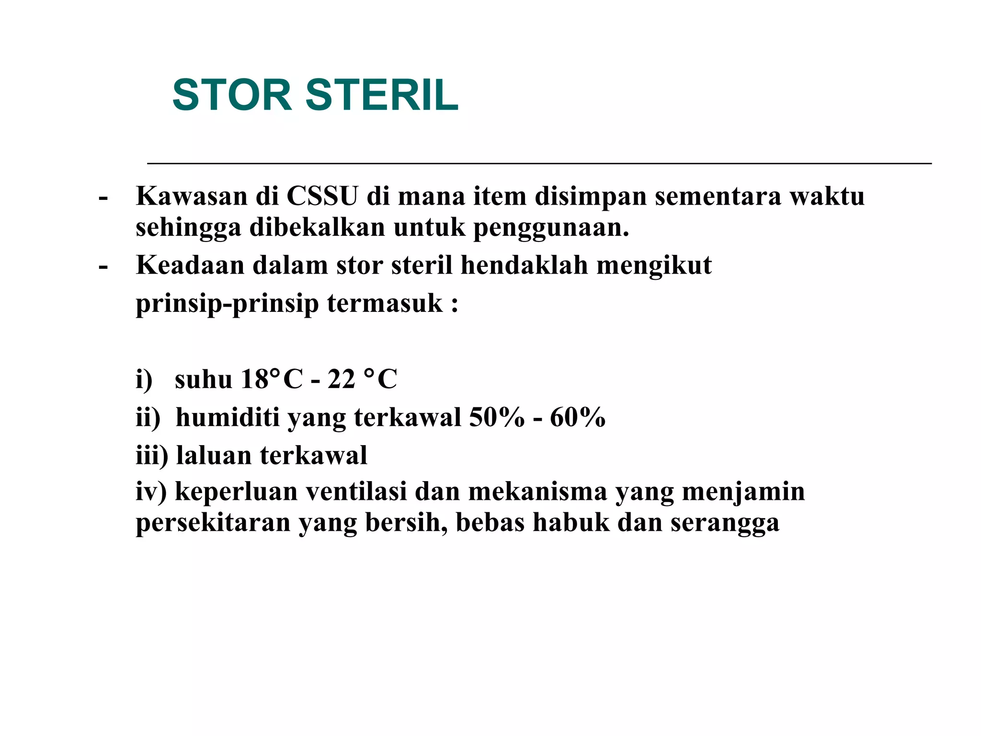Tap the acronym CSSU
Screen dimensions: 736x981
pyautogui.click(x=322, y=196)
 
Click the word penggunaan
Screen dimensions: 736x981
pyautogui.click(x=551, y=228)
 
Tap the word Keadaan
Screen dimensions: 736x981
pyautogui.click(x=190, y=264)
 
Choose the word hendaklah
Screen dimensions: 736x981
pyautogui.click(x=524, y=264)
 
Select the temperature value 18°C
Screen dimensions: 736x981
pyautogui.click(x=272, y=379)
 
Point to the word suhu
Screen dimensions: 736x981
pyautogui.click(x=203, y=379)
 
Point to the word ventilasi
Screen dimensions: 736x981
pyautogui.click(x=356, y=492)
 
